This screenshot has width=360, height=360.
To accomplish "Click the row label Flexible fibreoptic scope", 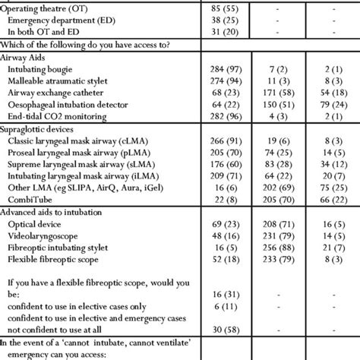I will tap(58, 259).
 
